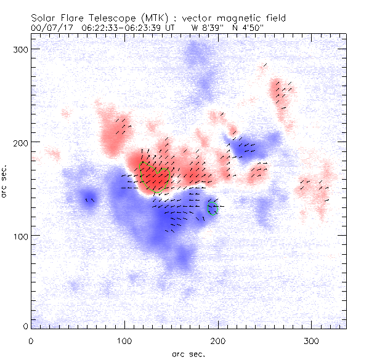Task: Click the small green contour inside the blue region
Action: pos(213,207)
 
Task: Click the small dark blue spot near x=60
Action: pos(89,200)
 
